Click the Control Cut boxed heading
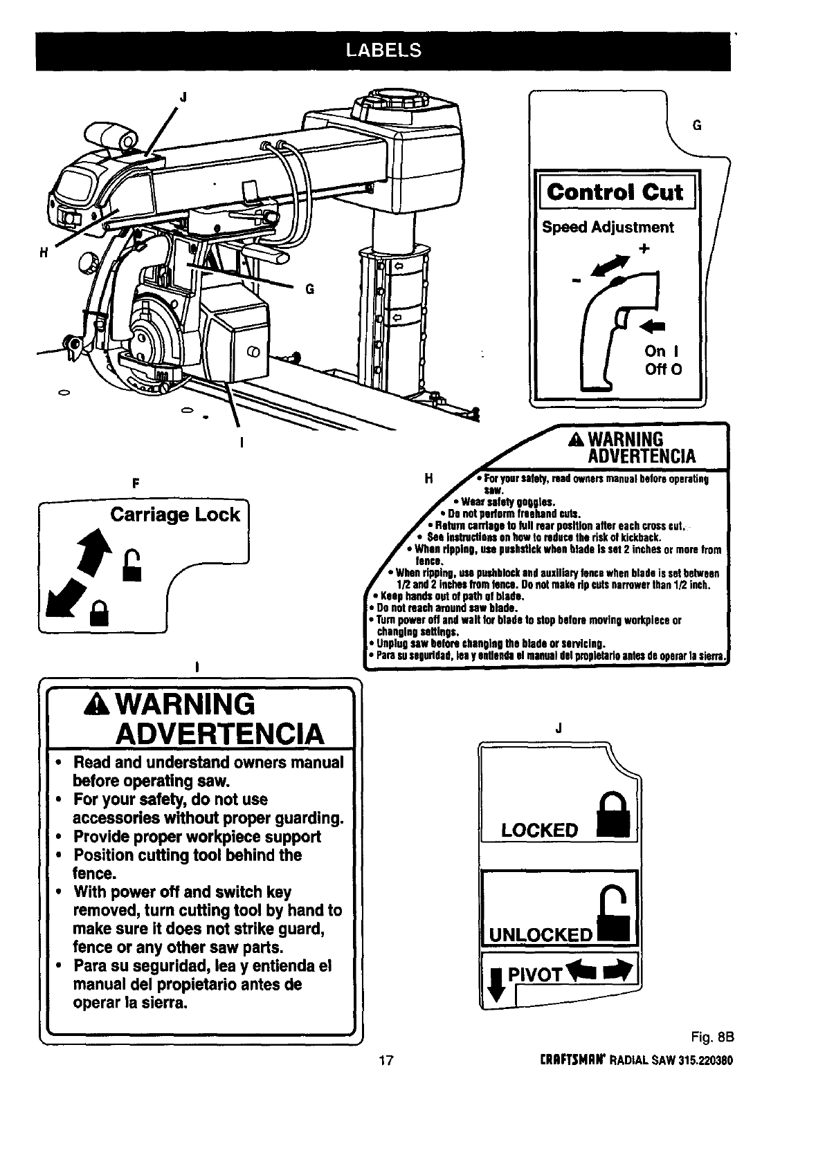pyautogui.click(x=615, y=192)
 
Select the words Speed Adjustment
pyautogui.click(x=608, y=228)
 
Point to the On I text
pyautogui.click(x=663, y=351)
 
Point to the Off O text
pyautogui.click(x=663, y=369)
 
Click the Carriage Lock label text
pyautogui.click(x=175, y=515)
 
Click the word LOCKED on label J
pyautogui.click(x=539, y=830)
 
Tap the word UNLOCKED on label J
pyautogui.click(x=541, y=936)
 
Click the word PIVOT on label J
pyautogui.click(x=534, y=976)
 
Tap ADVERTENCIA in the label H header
pyautogui.click(x=641, y=456)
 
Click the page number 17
pyautogui.click(x=386, y=1060)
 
